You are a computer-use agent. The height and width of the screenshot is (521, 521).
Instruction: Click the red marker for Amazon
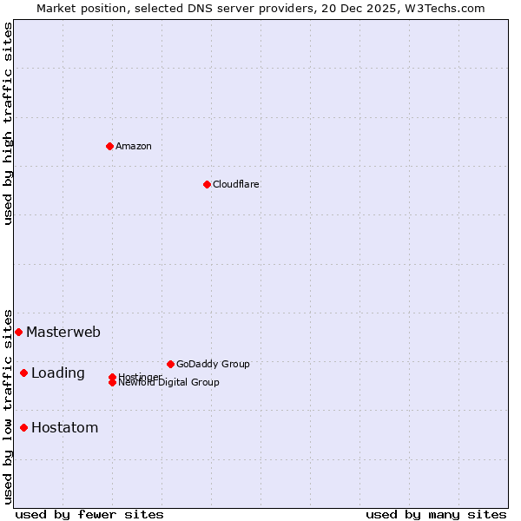click(109, 146)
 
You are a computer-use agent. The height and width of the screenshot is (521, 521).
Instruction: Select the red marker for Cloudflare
click(207, 184)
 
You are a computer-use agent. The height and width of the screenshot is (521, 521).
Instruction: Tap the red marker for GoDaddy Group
click(170, 364)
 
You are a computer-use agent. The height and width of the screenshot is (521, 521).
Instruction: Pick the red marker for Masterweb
click(18, 332)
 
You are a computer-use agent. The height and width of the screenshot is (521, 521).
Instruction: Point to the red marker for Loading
click(23, 373)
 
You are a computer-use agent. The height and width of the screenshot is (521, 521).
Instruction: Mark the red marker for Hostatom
click(23, 427)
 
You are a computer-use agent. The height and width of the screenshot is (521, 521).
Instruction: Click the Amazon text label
click(134, 146)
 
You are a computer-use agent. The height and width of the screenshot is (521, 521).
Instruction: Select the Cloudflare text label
click(236, 184)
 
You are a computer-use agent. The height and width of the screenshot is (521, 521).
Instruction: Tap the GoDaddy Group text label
click(213, 364)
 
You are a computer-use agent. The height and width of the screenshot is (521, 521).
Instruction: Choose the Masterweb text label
click(63, 332)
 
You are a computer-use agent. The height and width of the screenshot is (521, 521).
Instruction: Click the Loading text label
click(58, 373)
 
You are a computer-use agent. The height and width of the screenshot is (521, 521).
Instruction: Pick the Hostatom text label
click(65, 427)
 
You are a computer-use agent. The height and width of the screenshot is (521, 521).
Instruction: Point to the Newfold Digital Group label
click(168, 383)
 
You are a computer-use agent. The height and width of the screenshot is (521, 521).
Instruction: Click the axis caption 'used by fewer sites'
click(89, 514)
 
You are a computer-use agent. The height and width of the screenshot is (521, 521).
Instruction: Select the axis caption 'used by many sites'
click(436, 514)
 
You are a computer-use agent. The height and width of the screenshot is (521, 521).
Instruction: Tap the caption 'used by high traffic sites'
click(8, 123)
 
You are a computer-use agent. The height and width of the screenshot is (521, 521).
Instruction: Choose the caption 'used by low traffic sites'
click(8, 406)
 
